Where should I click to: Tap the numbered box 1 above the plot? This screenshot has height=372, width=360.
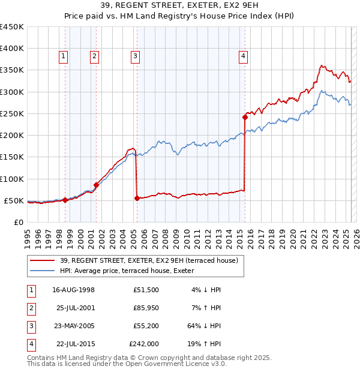point(63,56)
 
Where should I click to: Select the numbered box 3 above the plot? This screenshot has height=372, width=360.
point(135,56)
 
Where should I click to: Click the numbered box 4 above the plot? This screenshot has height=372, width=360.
point(243,56)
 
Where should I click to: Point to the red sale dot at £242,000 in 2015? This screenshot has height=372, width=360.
point(245,117)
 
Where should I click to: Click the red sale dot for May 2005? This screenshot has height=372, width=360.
point(137,198)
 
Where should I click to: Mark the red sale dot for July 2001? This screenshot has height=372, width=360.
point(96,185)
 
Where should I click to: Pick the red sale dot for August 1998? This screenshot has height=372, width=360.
point(65,200)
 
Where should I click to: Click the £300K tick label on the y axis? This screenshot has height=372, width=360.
point(12,92)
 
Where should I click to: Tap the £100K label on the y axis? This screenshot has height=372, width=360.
point(12,179)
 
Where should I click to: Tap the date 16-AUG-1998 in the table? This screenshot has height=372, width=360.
point(74,290)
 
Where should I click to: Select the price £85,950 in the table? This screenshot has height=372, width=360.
point(146,308)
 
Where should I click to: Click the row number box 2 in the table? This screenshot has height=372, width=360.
point(31,308)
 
